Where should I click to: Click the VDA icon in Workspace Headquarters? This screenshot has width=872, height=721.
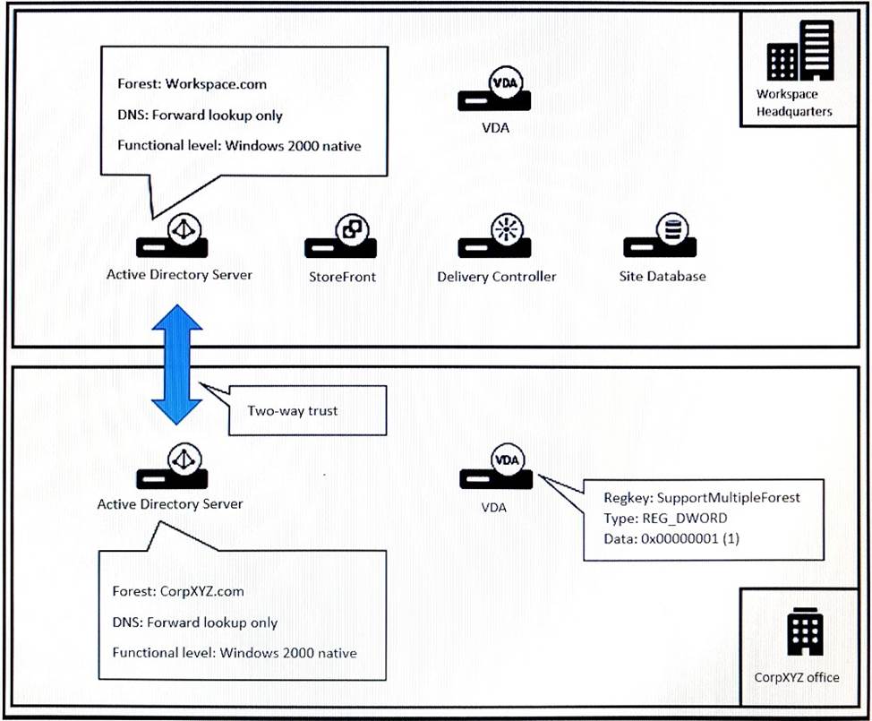click(x=495, y=92)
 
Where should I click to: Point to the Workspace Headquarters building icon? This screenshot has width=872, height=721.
click(x=799, y=52)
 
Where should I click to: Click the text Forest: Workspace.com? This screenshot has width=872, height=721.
click(x=192, y=84)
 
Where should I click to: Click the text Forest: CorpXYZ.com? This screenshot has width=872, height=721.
click(x=178, y=591)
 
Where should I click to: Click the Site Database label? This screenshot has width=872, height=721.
click(x=662, y=276)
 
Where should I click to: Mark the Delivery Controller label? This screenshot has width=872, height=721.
click(x=496, y=277)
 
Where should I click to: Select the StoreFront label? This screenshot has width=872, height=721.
click(x=341, y=277)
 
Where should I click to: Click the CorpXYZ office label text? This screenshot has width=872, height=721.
click(x=797, y=677)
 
